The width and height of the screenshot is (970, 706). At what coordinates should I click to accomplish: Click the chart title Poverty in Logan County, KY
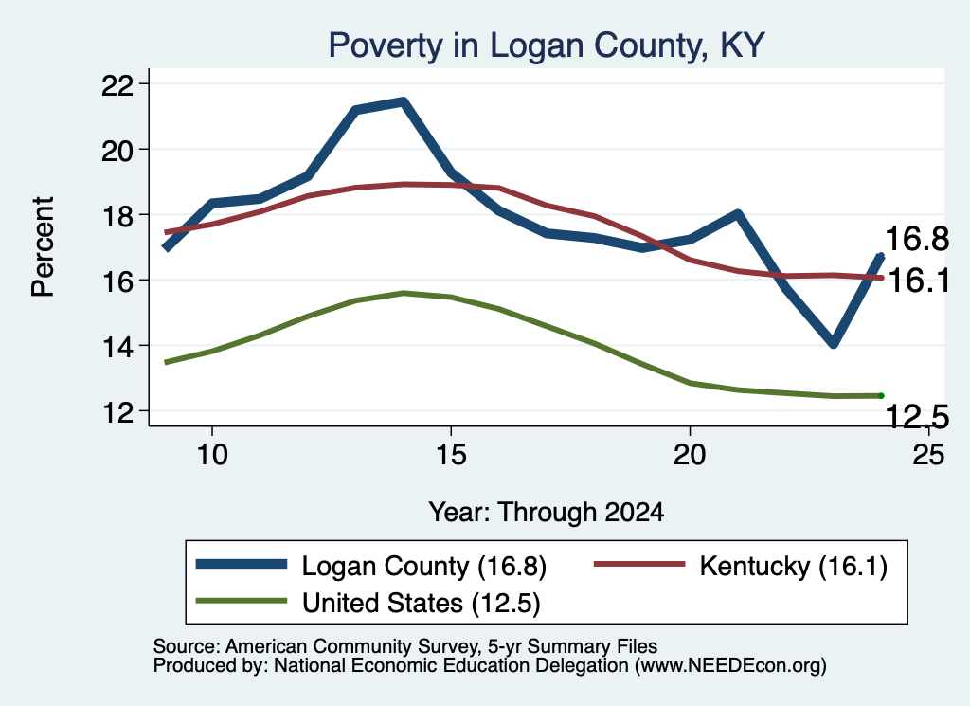[x=547, y=45]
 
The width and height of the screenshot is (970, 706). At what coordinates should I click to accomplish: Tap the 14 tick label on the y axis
[x=117, y=346]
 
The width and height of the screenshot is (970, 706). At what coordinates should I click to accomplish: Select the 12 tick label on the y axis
[x=117, y=411]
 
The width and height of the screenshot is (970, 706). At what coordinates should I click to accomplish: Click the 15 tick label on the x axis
[x=451, y=455]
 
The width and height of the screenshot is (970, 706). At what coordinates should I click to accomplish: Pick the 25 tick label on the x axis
[x=928, y=455]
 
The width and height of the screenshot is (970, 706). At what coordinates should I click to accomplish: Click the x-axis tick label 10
[x=212, y=455]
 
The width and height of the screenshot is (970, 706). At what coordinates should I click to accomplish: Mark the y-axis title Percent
[x=43, y=247]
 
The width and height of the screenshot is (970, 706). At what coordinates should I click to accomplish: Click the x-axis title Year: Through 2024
[x=547, y=513]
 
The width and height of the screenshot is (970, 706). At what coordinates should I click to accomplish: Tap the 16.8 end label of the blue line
[x=917, y=239]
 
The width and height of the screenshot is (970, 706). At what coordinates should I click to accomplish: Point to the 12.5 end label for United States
[x=917, y=416]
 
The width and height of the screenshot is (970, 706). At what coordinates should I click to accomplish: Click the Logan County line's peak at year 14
[x=403, y=102]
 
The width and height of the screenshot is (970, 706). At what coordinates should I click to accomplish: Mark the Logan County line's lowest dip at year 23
[x=834, y=343]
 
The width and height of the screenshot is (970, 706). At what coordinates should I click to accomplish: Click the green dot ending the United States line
[x=881, y=395]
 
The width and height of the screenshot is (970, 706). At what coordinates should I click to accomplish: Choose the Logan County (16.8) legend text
[x=423, y=566]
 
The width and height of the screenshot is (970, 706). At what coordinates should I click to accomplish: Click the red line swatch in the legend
[x=639, y=564]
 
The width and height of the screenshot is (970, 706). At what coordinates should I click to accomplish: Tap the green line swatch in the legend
[x=242, y=601]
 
